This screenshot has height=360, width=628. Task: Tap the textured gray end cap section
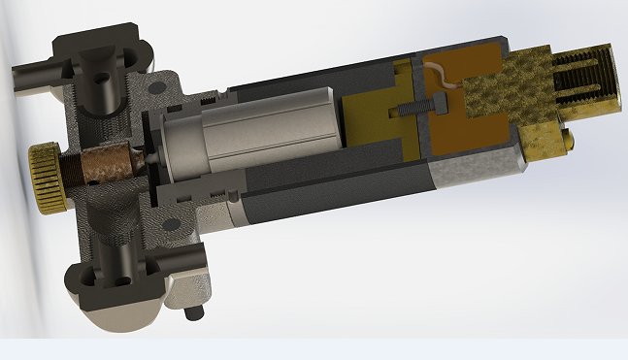point(466,173)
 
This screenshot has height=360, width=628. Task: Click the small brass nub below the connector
point(567,143)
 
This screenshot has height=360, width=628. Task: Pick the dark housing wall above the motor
point(311,78)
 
